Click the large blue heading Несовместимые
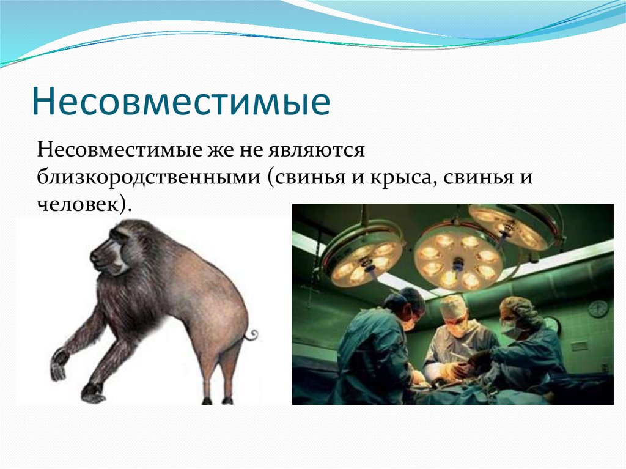[x=181, y=101]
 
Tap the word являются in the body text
[x=316, y=150]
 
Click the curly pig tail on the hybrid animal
[x=251, y=334]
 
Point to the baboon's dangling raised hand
[x=59, y=364]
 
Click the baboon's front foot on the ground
[x=93, y=393]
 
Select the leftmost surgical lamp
[x=362, y=256]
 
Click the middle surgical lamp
[x=457, y=260]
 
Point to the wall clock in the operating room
[x=598, y=309]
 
